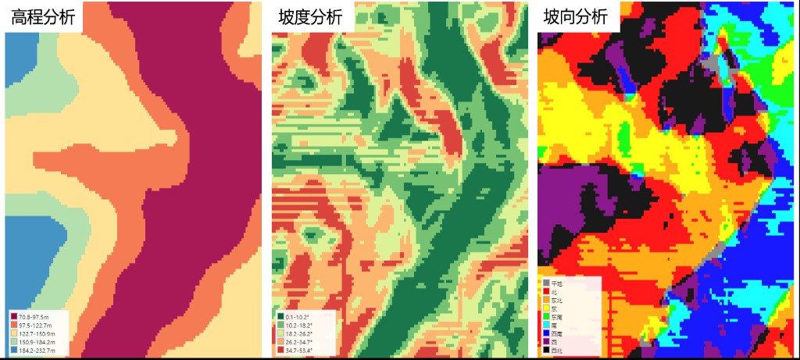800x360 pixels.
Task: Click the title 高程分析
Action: pyautogui.click(x=43, y=17)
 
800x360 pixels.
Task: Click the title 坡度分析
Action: pyautogui.click(x=310, y=17)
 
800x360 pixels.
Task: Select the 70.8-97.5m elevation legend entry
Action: pyautogui.click(x=34, y=316)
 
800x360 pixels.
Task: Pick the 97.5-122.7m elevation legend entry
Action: pyautogui.click(x=35, y=325)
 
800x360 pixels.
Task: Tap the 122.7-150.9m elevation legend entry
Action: pyautogui.click(x=36, y=333)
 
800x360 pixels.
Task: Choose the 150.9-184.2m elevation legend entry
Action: pyautogui.click(x=36, y=342)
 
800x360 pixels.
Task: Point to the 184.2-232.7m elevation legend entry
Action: pyautogui.click(x=36, y=351)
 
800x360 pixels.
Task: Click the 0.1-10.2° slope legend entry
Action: pyautogui.click(x=298, y=316)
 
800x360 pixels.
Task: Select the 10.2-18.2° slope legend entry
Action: pyautogui.click(x=299, y=325)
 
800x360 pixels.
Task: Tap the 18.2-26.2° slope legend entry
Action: pyautogui.click(x=299, y=333)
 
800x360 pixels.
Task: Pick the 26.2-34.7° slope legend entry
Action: pyautogui.click(x=299, y=342)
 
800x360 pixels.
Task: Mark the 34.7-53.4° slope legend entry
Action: pyautogui.click(x=299, y=351)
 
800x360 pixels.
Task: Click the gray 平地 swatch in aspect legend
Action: pyautogui.click(x=546, y=283)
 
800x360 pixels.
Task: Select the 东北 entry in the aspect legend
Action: pyautogui.click(x=555, y=300)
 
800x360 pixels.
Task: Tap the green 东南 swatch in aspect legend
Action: pyautogui.click(x=546, y=317)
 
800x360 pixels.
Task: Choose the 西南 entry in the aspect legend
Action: pyautogui.click(x=555, y=333)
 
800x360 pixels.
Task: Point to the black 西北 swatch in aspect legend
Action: pyautogui.click(x=546, y=351)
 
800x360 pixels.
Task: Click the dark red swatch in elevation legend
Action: pyautogui.click(x=14, y=316)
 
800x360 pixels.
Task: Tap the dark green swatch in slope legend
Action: pyautogui.click(x=280, y=316)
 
